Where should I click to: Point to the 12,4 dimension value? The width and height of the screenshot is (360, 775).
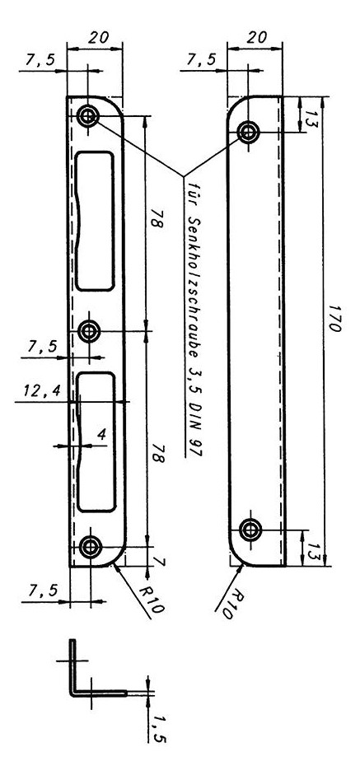point(42,391)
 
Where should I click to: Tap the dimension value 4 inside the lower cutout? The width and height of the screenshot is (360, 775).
point(101,435)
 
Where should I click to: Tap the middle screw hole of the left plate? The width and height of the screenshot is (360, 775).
point(89,331)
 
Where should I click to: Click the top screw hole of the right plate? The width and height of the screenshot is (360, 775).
point(248,132)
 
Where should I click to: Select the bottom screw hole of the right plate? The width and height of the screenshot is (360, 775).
point(250,530)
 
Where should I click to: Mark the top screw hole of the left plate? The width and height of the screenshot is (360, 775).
point(88,117)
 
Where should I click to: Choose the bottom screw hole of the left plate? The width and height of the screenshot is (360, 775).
point(91,547)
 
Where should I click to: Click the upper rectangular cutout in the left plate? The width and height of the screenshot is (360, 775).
point(96,221)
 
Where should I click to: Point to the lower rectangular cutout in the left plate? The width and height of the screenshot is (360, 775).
point(97,442)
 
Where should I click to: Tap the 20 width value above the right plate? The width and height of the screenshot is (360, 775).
point(256,37)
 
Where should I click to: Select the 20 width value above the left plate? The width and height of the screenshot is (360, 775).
point(98,37)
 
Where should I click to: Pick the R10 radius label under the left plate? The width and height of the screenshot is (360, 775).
point(152,599)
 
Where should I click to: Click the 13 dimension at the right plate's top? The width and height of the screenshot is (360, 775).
point(311,119)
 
